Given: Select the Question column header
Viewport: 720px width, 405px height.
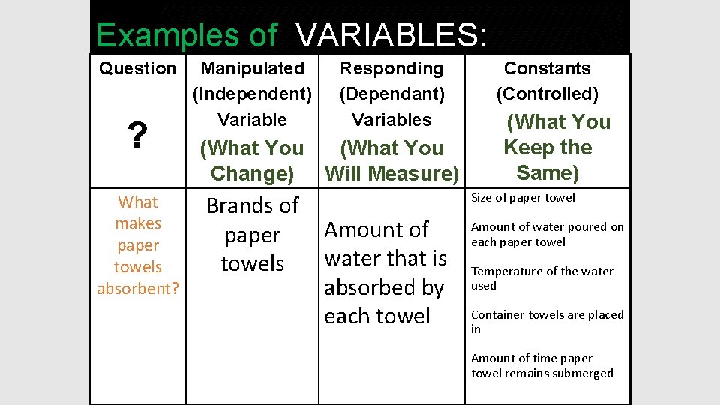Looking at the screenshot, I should click(x=137, y=68).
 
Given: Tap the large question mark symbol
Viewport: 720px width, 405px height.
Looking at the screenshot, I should click(x=136, y=136).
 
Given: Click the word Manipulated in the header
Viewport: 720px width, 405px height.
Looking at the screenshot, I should click(x=253, y=68).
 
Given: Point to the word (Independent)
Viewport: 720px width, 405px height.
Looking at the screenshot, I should click(x=253, y=94).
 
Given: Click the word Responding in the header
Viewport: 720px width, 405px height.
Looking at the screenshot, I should click(x=391, y=68).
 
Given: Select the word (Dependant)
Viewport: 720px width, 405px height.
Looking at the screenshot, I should click(x=391, y=94).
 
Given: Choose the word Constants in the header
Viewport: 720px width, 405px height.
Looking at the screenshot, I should click(x=547, y=68).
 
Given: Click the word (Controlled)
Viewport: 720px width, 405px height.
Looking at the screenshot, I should click(x=547, y=94).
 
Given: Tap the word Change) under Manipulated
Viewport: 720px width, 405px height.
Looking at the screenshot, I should click(x=253, y=174).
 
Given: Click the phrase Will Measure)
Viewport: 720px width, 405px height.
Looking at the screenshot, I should click(x=391, y=174).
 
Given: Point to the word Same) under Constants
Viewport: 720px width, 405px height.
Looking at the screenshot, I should click(x=547, y=172).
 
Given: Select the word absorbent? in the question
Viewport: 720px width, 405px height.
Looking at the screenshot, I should click(x=138, y=288).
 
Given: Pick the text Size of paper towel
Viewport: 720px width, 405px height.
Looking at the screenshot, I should click(x=523, y=198).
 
